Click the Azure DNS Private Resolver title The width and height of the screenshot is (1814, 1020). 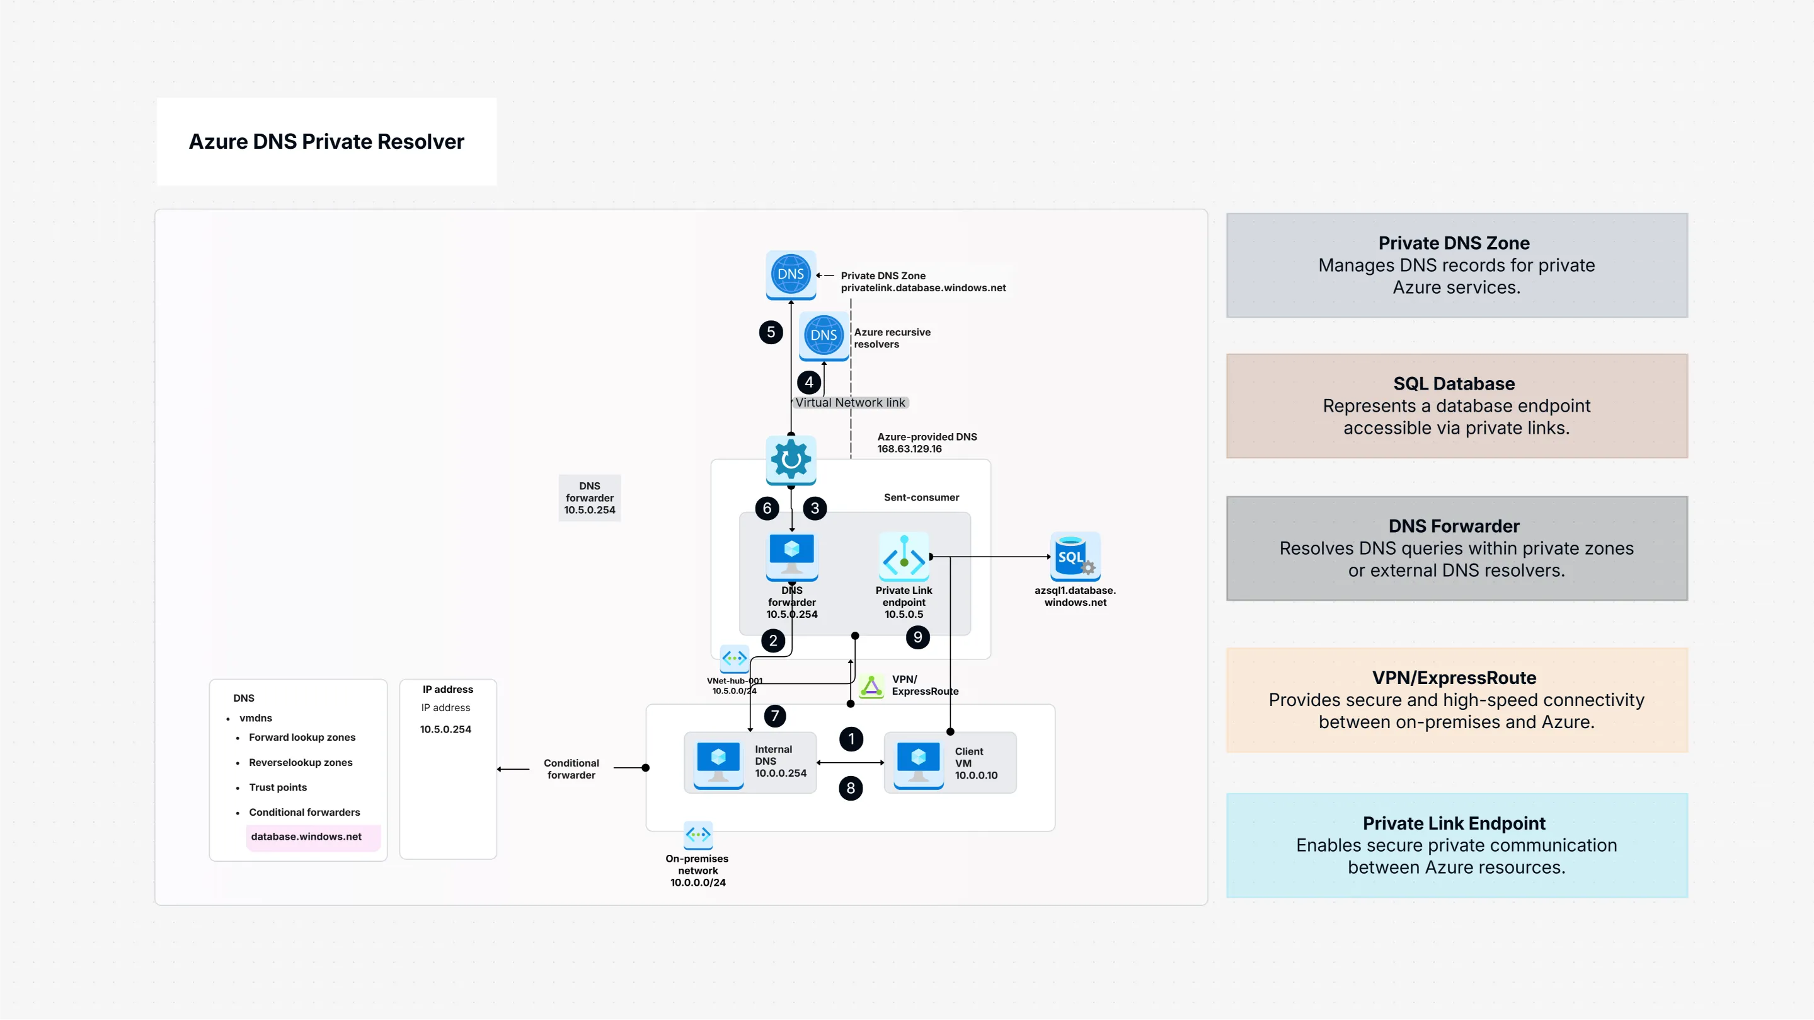[x=326, y=142]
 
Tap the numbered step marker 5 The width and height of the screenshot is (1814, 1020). [x=771, y=332]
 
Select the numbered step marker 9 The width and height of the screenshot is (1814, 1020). [x=917, y=637]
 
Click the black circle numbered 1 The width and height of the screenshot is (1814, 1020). [x=851, y=739]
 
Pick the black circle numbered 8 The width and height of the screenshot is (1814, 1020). [x=851, y=788]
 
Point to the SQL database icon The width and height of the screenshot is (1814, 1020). [x=1074, y=557]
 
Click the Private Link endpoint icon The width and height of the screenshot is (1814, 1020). [x=904, y=557]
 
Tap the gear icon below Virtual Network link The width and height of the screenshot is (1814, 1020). [x=791, y=460]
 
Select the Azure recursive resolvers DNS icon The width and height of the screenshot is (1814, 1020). [x=824, y=336]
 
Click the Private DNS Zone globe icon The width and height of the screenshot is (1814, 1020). [x=790, y=275]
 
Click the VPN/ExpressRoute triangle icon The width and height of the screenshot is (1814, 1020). [x=871, y=685]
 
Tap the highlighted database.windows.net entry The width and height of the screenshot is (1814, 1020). [x=306, y=837]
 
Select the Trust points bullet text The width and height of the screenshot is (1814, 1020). [x=277, y=787]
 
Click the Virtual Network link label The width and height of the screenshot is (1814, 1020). [x=850, y=403]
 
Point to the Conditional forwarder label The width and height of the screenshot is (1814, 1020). [x=571, y=769]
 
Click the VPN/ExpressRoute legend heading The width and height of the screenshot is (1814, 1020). [x=1454, y=678]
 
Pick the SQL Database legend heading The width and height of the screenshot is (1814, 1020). [x=1454, y=384]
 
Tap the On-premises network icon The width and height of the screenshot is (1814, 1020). [x=698, y=835]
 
